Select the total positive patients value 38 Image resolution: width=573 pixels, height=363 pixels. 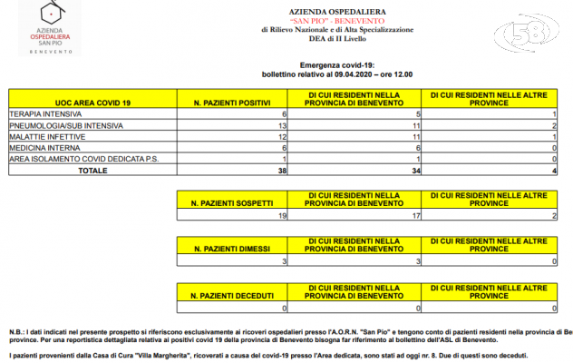point(281,169)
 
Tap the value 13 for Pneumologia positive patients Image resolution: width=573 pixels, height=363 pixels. point(282,125)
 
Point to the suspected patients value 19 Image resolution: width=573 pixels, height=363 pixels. point(282,216)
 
